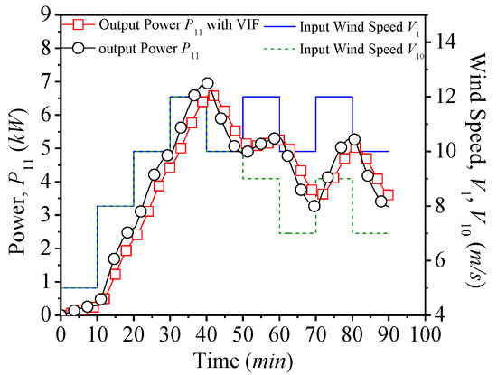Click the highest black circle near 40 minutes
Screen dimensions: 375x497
coord(207,84)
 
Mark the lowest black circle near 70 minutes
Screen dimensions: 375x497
coord(314,206)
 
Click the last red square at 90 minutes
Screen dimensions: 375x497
coord(388,194)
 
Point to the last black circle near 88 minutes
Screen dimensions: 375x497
coord(380,201)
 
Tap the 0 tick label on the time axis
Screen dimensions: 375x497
coord(61,333)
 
